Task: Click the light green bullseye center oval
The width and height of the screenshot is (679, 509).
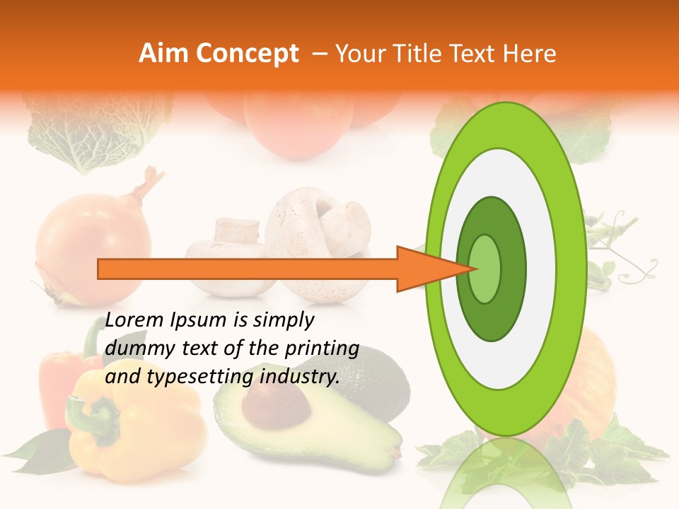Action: [485, 269]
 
